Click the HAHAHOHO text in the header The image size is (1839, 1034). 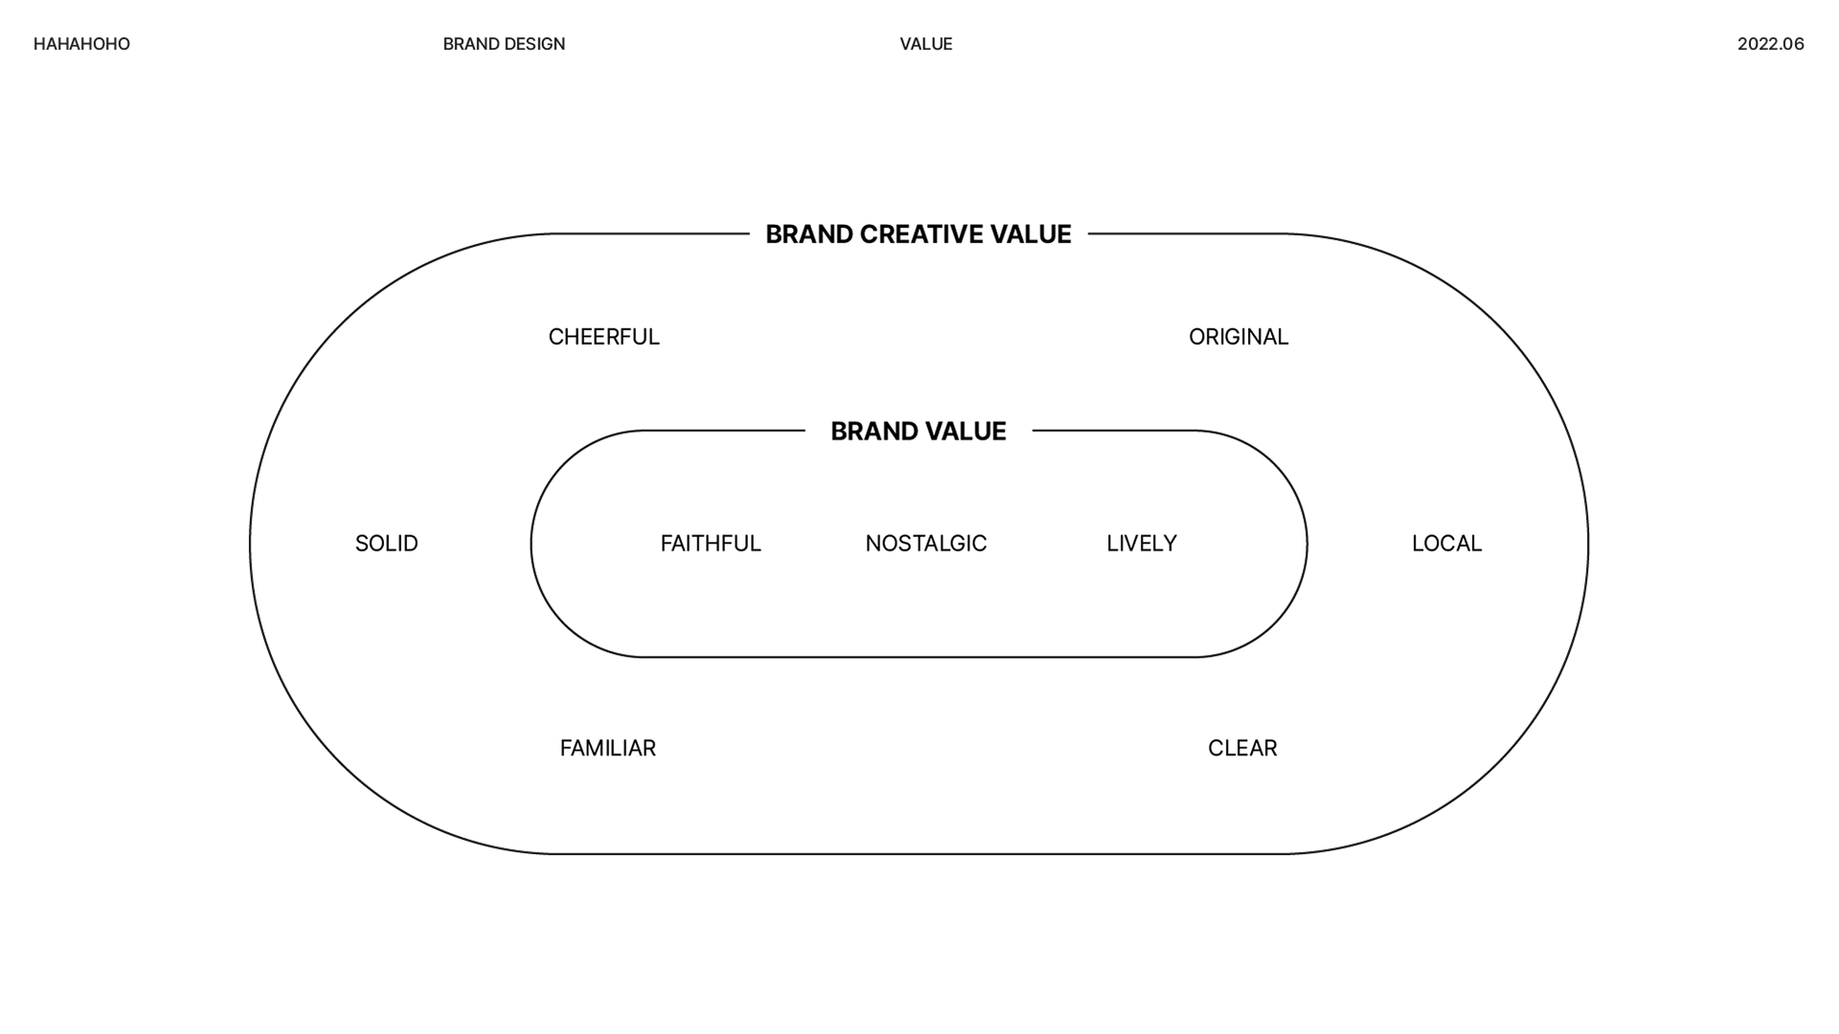tap(81, 44)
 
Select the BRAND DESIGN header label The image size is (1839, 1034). tap(504, 44)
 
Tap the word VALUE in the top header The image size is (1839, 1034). tap(926, 44)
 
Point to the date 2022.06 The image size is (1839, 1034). tap(1770, 44)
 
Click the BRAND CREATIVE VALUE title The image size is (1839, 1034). tap(918, 235)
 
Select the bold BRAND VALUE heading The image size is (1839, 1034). tap(918, 432)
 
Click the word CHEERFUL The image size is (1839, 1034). tap(603, 337)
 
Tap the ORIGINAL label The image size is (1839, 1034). tap(1238, 337)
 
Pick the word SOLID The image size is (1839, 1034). tap(386, 544)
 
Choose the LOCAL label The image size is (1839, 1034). tap(1446, 544)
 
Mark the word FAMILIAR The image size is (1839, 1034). tap(607, 749)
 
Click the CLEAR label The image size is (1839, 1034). tap(1242, 749)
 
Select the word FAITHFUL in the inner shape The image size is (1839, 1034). tap(711, 544)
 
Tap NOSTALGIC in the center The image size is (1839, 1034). tap(925, 544)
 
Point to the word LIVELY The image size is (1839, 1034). tap(1141, 544)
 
